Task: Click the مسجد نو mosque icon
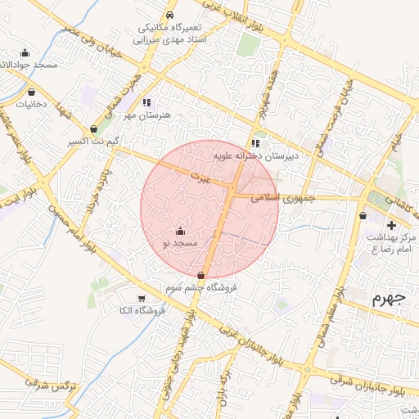pos(181,232)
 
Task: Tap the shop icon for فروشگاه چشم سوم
pos(201,276)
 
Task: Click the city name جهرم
pos(389,296)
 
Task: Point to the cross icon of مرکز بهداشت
pos(392,224)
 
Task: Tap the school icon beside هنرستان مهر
pos(146,103)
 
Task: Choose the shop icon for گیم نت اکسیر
pos(94,128)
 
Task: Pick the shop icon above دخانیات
pos(32,92)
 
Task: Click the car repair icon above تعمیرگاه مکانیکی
pos(169,16)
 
